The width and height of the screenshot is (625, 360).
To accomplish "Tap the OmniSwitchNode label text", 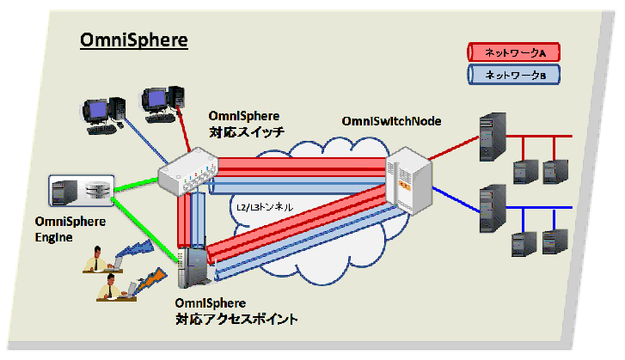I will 391,120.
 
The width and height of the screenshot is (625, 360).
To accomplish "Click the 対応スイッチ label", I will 246,132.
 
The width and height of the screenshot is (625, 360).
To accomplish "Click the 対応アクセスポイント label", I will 236,320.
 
